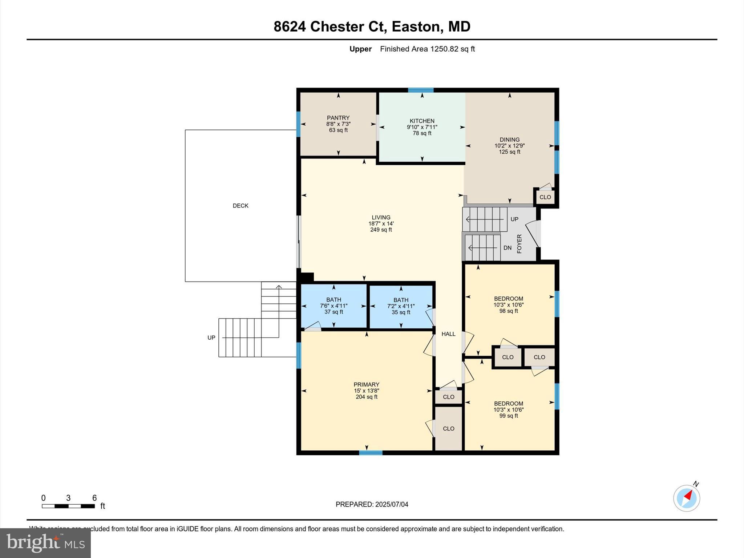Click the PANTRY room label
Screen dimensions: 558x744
click(338, 118)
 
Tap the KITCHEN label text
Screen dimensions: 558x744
click(422, 121)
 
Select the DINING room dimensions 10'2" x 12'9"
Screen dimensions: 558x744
click(509, 146)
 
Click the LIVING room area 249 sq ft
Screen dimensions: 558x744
click(381, 230)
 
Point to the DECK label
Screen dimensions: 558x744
click(240, 206)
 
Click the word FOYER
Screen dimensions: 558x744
click(519, 244)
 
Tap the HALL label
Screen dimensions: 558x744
click(448, 334)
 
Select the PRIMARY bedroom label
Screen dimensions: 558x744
click(366, 384)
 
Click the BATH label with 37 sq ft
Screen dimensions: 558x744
click(333, 300)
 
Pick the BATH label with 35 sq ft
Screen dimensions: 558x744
click(401, 300)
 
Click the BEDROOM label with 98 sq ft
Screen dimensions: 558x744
click(508, 299)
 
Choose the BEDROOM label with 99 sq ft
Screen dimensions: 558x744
click(508, 404)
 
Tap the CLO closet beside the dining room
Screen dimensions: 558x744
click(545, 197)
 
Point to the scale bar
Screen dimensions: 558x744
click(68, 506)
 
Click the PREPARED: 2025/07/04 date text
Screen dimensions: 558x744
click(372, 504)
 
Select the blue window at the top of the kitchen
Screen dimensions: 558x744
click(420, 90)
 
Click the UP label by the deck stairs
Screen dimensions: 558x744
click(211, 337)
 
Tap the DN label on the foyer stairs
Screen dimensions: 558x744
click(507, 248)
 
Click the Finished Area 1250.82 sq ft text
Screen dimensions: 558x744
click(427, 49)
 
